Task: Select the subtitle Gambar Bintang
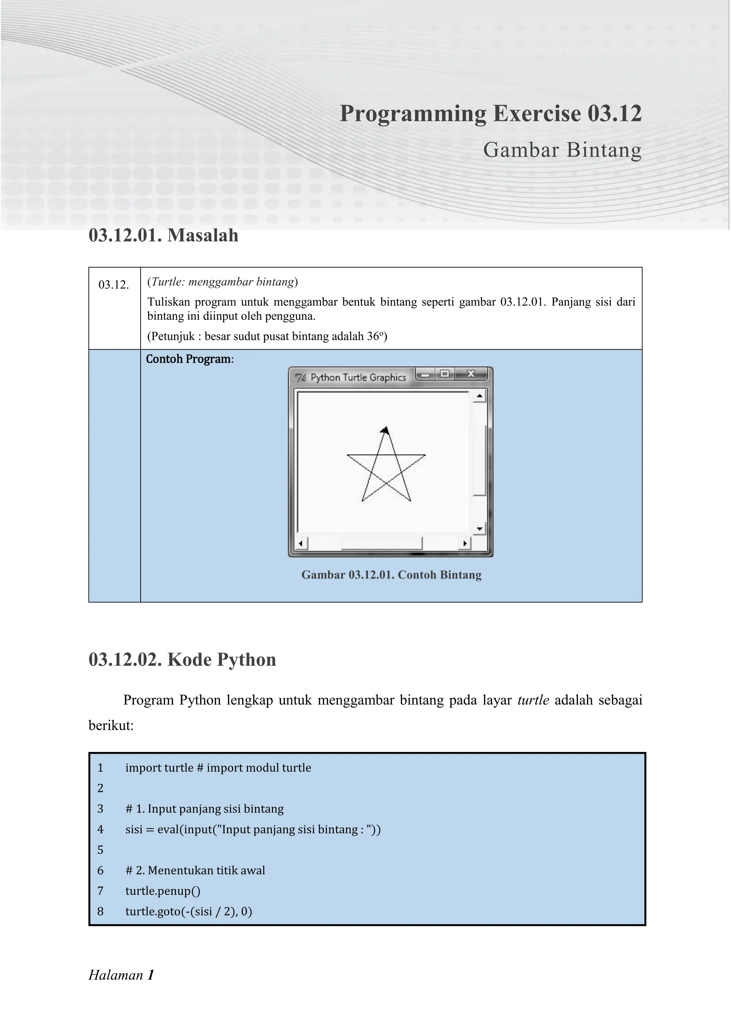click(562, 150)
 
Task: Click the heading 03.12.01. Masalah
click(163, 236)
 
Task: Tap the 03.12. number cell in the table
click(114, 285)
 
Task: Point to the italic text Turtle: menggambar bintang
click(222, 282)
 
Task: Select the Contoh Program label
click(189, 359)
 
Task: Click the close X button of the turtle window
click(471, 374)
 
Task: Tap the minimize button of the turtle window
click(425, 374)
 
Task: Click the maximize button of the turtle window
click(445, 374)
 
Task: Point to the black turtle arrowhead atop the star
click(384, 431)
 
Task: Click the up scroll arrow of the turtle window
click(479, 396)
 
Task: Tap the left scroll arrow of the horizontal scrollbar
click(301, 543)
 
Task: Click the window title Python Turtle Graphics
click(358, 377)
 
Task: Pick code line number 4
click(100, 829)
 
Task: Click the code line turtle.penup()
click(162, 891)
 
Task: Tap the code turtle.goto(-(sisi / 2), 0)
click(188, 911)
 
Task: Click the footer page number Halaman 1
click(121, 975)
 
